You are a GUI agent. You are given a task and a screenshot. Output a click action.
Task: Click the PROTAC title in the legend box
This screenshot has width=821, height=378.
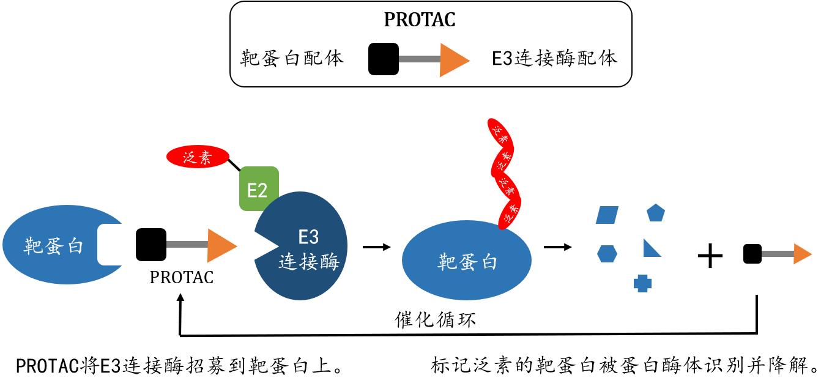[420, 20]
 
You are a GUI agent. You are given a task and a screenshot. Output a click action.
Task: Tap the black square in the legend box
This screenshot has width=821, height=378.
[384, 59]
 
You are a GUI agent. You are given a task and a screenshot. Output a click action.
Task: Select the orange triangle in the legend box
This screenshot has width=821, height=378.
[453, 60]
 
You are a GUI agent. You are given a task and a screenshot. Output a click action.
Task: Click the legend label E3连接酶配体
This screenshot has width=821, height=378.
[555, 59]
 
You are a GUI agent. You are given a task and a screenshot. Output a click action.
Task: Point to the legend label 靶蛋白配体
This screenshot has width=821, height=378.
[292, 59]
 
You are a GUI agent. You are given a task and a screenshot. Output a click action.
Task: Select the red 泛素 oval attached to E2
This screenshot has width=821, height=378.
[197, 157]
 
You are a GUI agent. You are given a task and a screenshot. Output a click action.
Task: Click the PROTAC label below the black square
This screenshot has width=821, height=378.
[182, 278]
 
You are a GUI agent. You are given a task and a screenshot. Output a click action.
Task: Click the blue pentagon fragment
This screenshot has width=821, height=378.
[656, 213]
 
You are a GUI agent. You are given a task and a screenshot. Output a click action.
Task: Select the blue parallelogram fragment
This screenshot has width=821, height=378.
[607, 215]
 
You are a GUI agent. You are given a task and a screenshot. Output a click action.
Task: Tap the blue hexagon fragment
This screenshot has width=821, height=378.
[607, 253]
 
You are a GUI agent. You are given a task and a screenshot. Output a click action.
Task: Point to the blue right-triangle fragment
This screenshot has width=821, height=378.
[651, 249]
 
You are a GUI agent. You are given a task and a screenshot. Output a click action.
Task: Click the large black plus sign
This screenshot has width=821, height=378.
[710, 256]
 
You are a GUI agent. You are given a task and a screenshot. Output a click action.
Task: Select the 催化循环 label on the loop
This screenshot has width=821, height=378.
[436, 319]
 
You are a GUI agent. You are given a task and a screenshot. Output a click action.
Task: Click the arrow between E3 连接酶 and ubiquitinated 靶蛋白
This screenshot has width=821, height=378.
[376, 247]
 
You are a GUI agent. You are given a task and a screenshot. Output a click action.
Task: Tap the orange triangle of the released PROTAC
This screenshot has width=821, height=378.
[801, 254]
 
